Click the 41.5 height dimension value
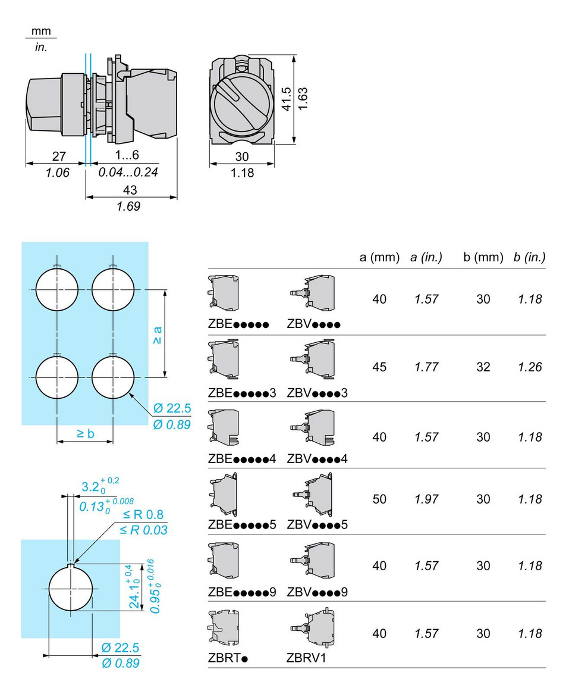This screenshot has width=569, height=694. click(287, 99)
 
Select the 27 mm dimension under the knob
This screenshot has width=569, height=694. click(59, 156)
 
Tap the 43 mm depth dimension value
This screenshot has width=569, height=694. click(130, 190)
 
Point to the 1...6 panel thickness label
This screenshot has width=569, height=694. click(127, 155)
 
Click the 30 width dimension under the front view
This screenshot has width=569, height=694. click(242, 157)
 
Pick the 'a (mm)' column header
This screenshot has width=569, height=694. click(379, 257)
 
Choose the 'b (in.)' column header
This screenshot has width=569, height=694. click(529, 257)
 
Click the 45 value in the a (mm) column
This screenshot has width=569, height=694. click(379, 367)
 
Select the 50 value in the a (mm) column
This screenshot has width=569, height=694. click(379, 499)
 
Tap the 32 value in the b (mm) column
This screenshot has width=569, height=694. click(483, 367)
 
